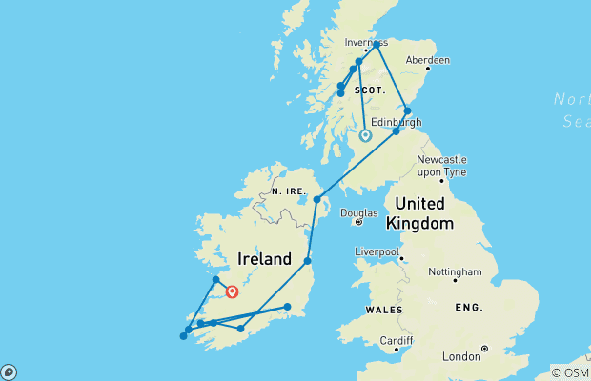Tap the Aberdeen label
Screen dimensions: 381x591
tap(426, 59)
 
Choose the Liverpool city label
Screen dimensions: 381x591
tap(377, 251)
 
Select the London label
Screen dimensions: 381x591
tap(461, 356)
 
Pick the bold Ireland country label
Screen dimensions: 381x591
tap(264, 259)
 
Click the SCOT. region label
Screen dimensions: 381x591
tap(368, 90)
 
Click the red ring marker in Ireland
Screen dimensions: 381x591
tap(232, 292)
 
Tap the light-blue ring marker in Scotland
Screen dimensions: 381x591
tap(365, 136)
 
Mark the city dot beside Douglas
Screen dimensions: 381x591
tap(358, 222)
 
